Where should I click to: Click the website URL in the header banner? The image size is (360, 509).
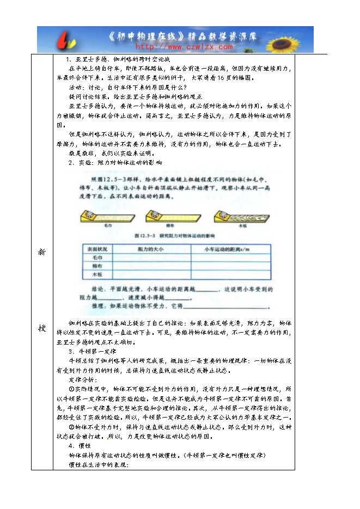tap(180, 47)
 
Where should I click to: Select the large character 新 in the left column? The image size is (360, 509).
tap(41, 252)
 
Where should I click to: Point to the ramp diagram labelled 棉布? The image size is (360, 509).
tap(169, 218)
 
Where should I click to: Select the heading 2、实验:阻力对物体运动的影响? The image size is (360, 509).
tap(115, 163)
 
